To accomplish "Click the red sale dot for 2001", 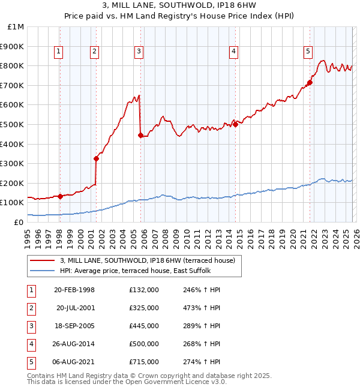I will pos(96,158).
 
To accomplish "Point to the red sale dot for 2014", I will pos(235,124).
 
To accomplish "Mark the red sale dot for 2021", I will pos(310,82).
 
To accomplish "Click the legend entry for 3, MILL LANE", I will pos(151,260).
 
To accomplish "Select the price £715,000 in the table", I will pos(143,362).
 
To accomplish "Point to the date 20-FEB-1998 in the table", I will pos(74,290).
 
